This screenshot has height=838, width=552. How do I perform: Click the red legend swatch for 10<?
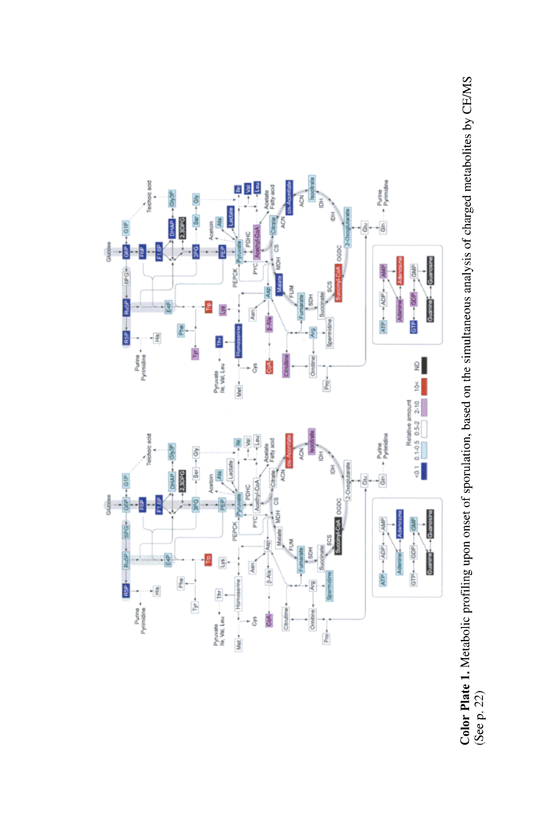pyautogui.click(x=424, y=387)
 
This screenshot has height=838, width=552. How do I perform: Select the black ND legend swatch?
pyautogui.click(x=424, y=366)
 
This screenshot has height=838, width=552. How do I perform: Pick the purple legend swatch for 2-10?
pyautogui.click(x=424, y=407)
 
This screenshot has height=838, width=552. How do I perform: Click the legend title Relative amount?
pyautogui.click(x=409, y=423)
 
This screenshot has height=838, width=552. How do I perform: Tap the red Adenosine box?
pyautogui.click(x=400, y=271)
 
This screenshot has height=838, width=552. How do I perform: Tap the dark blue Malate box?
pyautogui.click(x=279, y=284)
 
